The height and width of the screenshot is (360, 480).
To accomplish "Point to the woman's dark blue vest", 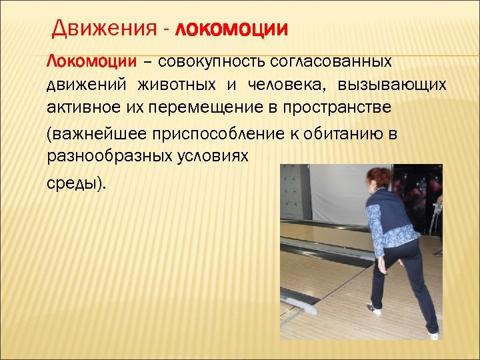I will click(393, 213).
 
